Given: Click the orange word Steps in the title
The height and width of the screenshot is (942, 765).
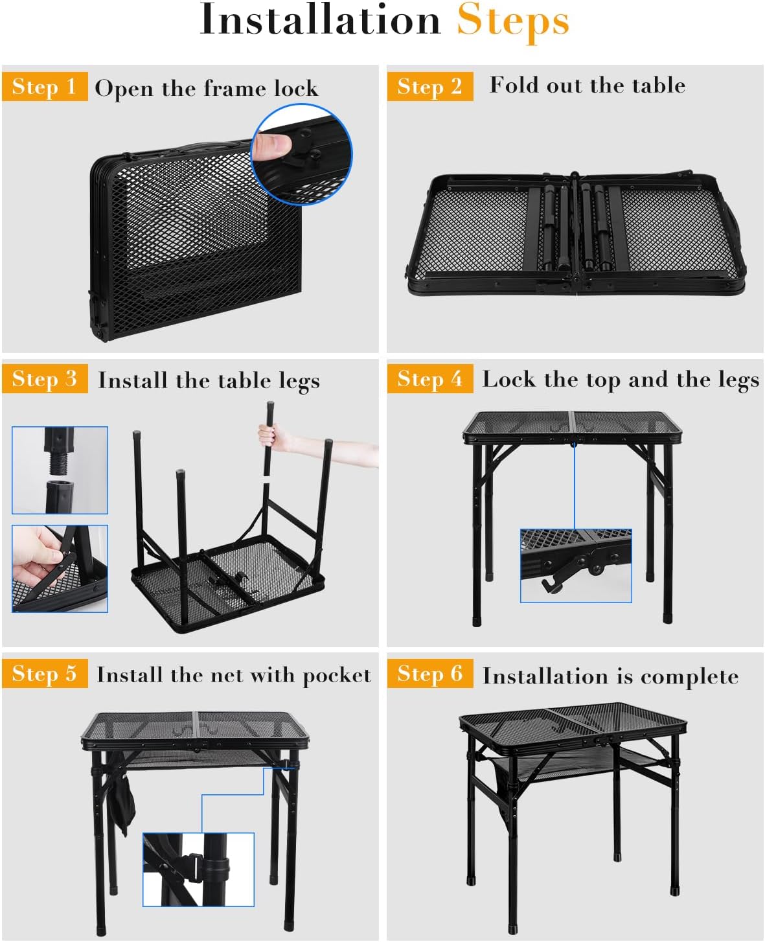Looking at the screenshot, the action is pyautogui.click(x=513, y=22).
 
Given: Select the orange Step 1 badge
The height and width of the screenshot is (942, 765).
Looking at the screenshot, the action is pyautogui.click(x=45, y=86).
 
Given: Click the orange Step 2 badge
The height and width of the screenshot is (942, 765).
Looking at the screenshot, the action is pyautogui.click(x=430, y=86).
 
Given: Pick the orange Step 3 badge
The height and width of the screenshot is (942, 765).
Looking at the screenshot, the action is pyautogui.click(x=45, y=378).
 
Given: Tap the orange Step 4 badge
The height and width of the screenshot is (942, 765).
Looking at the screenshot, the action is pyautogui.click(x=430, y=378).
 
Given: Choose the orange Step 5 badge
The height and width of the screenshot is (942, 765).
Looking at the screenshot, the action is pyautogui.click(x=45, y=673).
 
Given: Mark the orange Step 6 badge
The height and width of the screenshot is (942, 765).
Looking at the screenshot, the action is pyautogui.click(x=430, y=673).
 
